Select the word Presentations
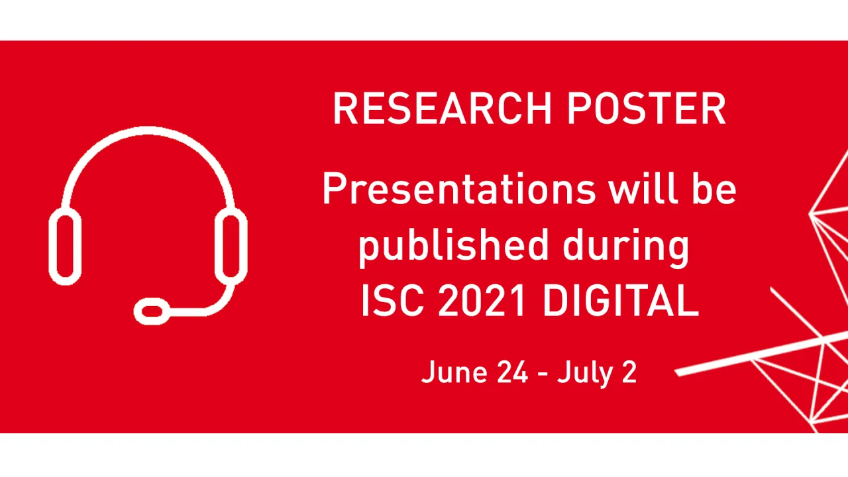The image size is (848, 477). click(x=458, y=189)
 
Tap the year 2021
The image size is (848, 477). click(x=482, y=301)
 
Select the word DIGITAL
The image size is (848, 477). click(x=621, y=301)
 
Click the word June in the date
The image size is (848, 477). click(x=450, y=372)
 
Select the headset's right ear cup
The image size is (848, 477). click(x=231, y=245)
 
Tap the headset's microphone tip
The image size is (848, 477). click(x=152, y=310)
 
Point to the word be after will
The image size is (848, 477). click(x=715, y=189)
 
